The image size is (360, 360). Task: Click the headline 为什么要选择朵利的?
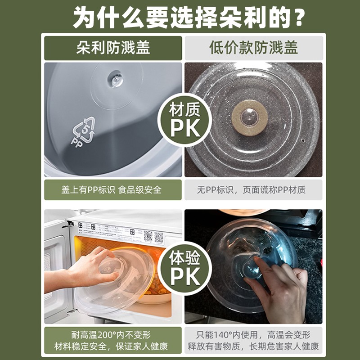[x=180, y=17]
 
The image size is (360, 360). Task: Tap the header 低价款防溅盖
[x=253, y=48]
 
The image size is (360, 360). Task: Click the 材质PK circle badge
[x=184, y=119]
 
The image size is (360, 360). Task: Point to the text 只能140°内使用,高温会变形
[x=253, y=335]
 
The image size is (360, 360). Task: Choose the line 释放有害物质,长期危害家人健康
[x=253, y=347]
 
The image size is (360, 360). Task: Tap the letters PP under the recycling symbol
[x=76, y=140]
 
